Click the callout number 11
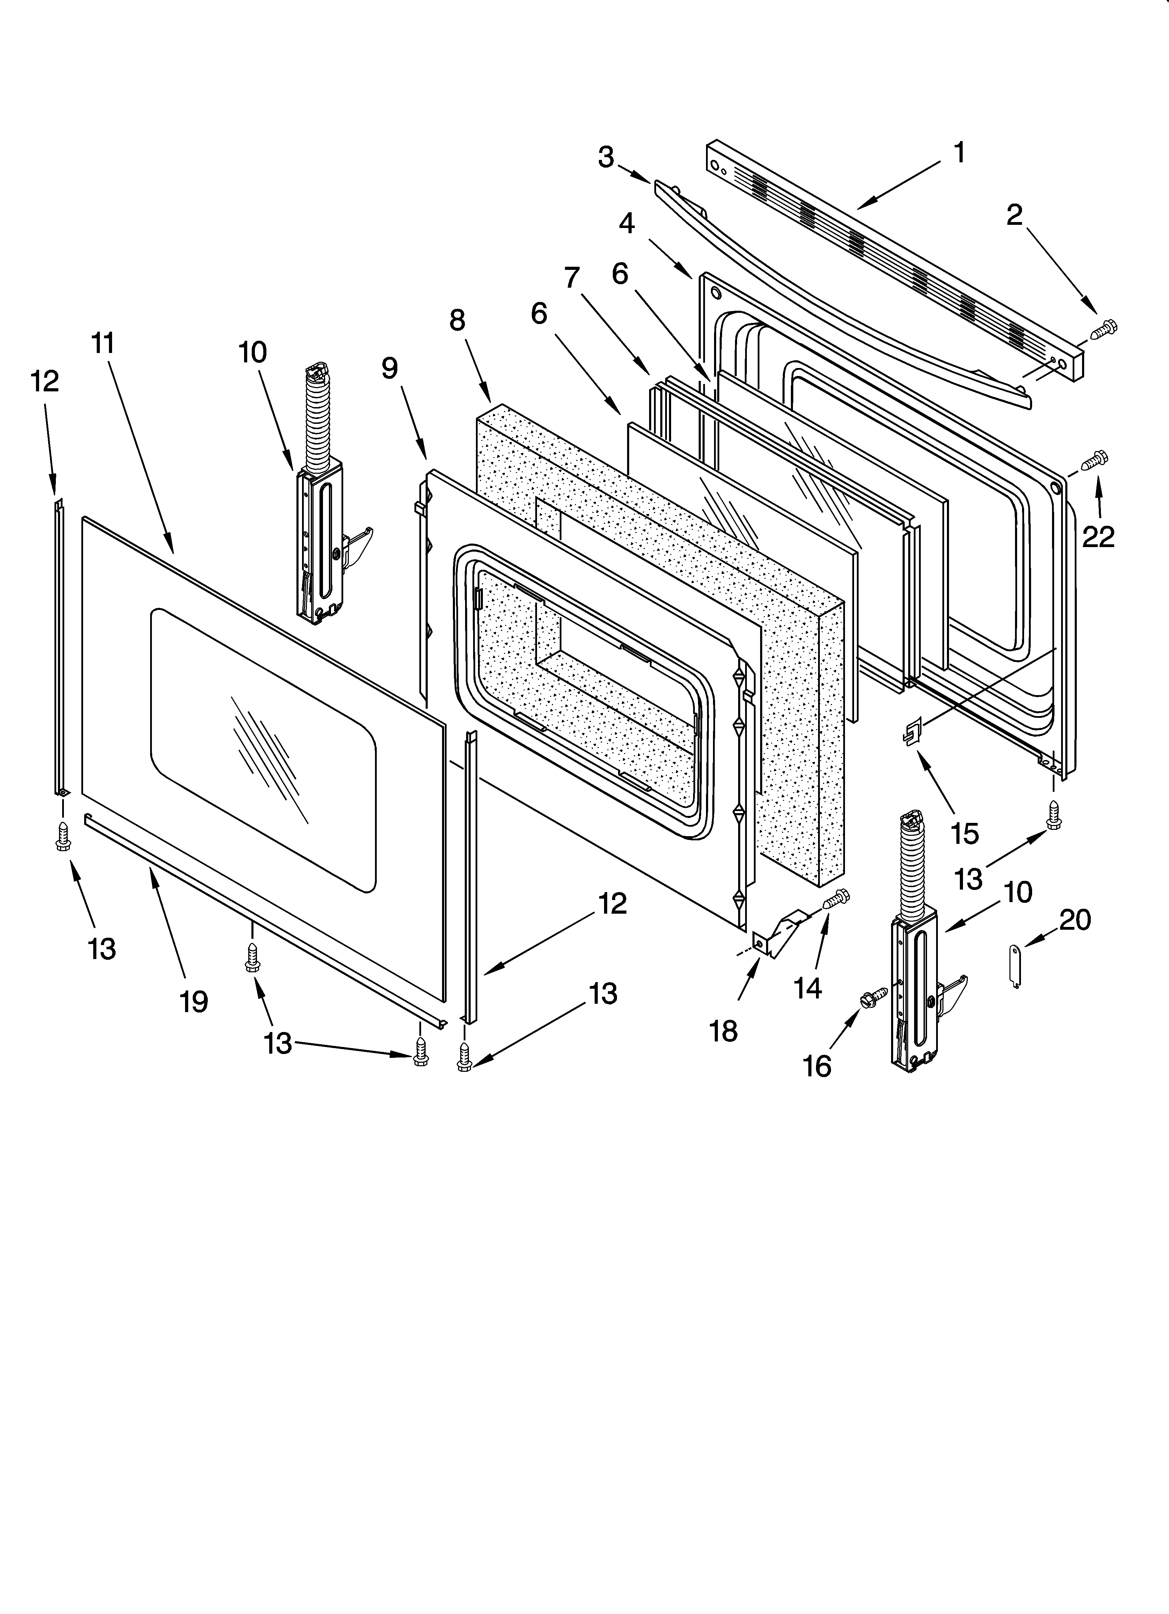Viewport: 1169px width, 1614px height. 103,344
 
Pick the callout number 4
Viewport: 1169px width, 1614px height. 626,223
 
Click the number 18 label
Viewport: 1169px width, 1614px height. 723,1031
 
